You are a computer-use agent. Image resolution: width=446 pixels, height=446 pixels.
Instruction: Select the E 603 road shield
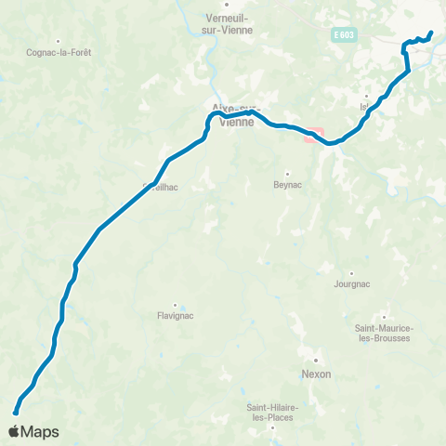click(x=344, y=35)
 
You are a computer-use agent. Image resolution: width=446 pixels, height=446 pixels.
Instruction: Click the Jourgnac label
click(x=351, y=285)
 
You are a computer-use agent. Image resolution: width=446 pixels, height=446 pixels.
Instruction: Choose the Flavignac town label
click(x=174, y=315)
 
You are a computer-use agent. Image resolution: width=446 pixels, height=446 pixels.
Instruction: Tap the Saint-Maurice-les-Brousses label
click(x=385, y=333)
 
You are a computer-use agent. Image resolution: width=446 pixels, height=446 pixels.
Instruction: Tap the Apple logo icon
click(x=17, y=431)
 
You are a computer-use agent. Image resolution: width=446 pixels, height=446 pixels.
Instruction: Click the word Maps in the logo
click(x=42, y=432)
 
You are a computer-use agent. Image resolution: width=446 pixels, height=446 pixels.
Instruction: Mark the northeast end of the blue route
click(x=432, y=33)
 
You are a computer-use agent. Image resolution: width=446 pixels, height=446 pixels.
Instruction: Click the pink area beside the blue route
click(x=313, y=135)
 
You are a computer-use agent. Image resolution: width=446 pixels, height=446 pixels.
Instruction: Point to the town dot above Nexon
click(x=316, y=361)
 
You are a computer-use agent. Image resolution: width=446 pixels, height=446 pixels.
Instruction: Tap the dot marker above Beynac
click(x=288, y=174)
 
